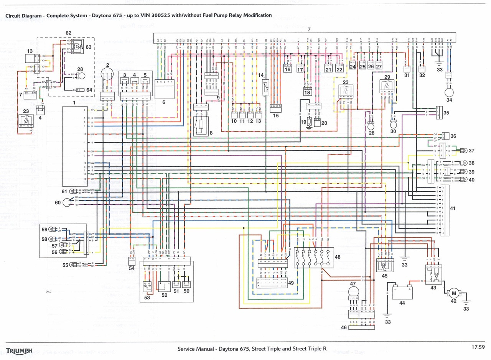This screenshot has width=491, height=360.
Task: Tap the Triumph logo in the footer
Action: point(19,350)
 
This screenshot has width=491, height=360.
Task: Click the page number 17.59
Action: point(479,347)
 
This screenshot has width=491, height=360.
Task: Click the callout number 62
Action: point(68,33)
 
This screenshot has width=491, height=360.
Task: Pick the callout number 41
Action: point(453,209)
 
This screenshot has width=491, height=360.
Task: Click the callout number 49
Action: point(291,283)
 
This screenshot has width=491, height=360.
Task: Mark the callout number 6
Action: point(164,102)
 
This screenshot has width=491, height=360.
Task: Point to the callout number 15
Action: point(275,115)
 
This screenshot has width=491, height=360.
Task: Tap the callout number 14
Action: point(261,75)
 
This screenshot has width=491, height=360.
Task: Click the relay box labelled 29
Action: point(387,88)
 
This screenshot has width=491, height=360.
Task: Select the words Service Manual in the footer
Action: point(196,349)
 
